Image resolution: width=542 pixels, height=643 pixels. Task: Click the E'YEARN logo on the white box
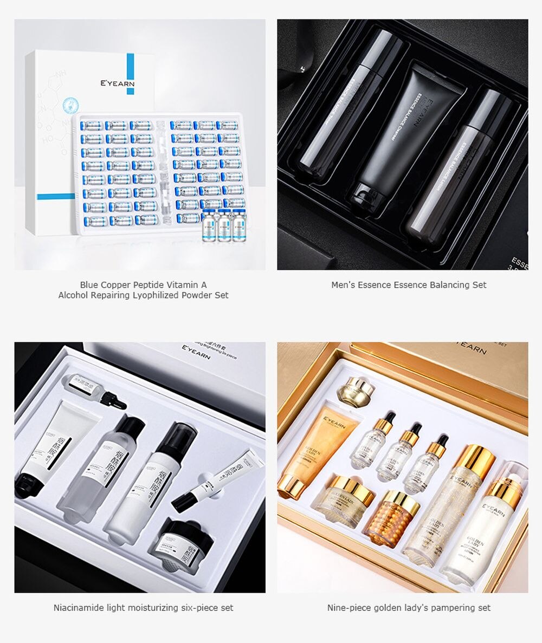pyautogui.click(x=117, y=84)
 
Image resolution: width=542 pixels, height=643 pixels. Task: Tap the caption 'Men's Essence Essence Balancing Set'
pyautogui.click(x=409, y=285)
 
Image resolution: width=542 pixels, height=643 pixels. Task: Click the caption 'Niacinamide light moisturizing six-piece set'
pyautogui.click(x=143, y=608)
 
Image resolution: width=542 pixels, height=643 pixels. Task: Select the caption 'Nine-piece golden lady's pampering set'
pyautogui.click(x=409, y=608)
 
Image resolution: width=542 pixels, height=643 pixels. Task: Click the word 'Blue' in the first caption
pyautogui.click(x=90, y=285)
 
